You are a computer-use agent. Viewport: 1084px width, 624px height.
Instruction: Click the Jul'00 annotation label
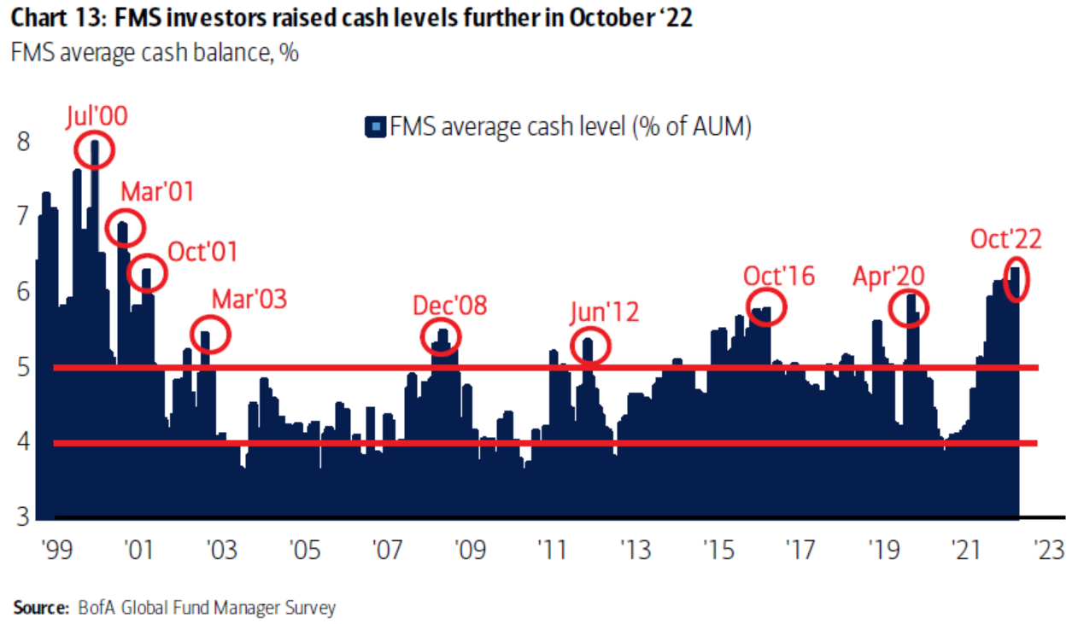click(x=97, y=117)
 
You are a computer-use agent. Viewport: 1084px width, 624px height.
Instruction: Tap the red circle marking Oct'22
click(x=1017, y=278)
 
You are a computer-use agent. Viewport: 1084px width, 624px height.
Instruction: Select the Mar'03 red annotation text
click(x=249, y=299)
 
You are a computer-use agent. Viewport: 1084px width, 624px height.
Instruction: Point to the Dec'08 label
click(x=449, y=305)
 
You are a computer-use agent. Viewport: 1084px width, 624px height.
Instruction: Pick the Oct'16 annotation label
click(x=778, y=276)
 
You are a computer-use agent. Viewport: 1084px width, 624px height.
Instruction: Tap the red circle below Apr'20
click(x=909, y=308)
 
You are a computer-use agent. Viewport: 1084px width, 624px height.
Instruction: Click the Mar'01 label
click(x=156, y=192)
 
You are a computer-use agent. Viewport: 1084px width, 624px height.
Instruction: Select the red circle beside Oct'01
click(x=147, y=273)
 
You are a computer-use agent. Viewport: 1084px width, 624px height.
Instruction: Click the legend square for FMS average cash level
click(x=374, y=128)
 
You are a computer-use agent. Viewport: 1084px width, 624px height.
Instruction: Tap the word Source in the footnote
click(x=39, y=608)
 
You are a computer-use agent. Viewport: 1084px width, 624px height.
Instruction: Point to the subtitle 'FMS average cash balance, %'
click(x=154, y=53)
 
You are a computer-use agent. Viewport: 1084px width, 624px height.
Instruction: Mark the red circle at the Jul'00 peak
click(x=93, y=151)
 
